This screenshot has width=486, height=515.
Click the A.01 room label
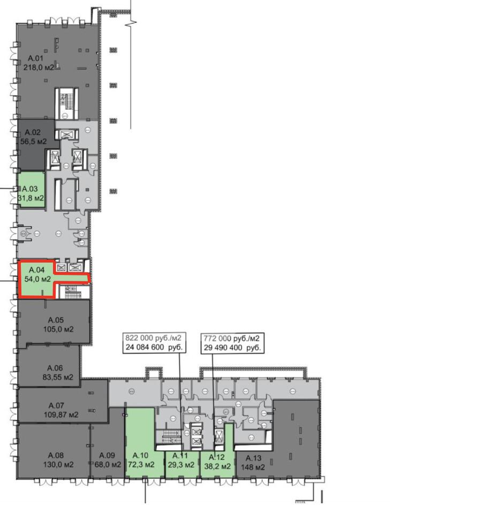[35, 58]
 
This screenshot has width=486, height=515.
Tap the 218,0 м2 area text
[39, 68]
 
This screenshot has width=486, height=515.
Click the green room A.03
[31, 189]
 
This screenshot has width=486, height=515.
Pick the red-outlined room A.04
[37, 279]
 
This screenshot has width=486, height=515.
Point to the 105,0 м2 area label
[58, 329]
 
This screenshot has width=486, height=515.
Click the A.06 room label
[55, 368]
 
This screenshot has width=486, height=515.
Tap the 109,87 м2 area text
[61, 415]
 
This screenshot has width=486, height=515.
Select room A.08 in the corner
[54, 451]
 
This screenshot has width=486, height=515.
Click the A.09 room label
[107, 455]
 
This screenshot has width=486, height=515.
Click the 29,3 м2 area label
[181, 465]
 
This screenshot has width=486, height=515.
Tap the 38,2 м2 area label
[217, 466]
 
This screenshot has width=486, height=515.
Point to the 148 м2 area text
[253, 467]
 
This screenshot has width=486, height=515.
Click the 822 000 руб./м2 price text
[153, 337]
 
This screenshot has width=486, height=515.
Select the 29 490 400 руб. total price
[232, 348]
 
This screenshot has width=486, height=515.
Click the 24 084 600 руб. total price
[154, 347]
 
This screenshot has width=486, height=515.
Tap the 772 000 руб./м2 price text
[231, 339]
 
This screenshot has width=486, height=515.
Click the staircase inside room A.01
[66, 103]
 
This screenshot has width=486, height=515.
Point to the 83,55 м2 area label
[58, 377]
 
